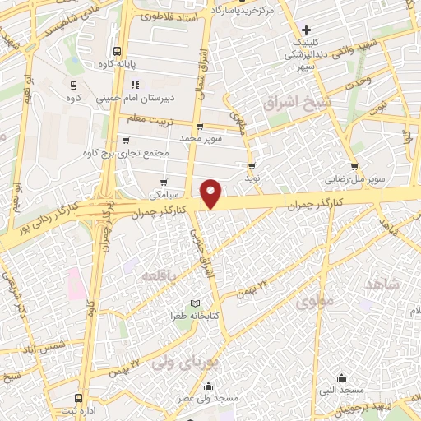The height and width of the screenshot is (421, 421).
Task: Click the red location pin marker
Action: tap(212, 193)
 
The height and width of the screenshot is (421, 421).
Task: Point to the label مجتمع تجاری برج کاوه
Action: tap(126, 153)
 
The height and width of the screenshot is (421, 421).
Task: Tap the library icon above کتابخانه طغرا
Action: tap(195, 303)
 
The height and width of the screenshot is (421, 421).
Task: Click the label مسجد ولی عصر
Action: tap(210, 399)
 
